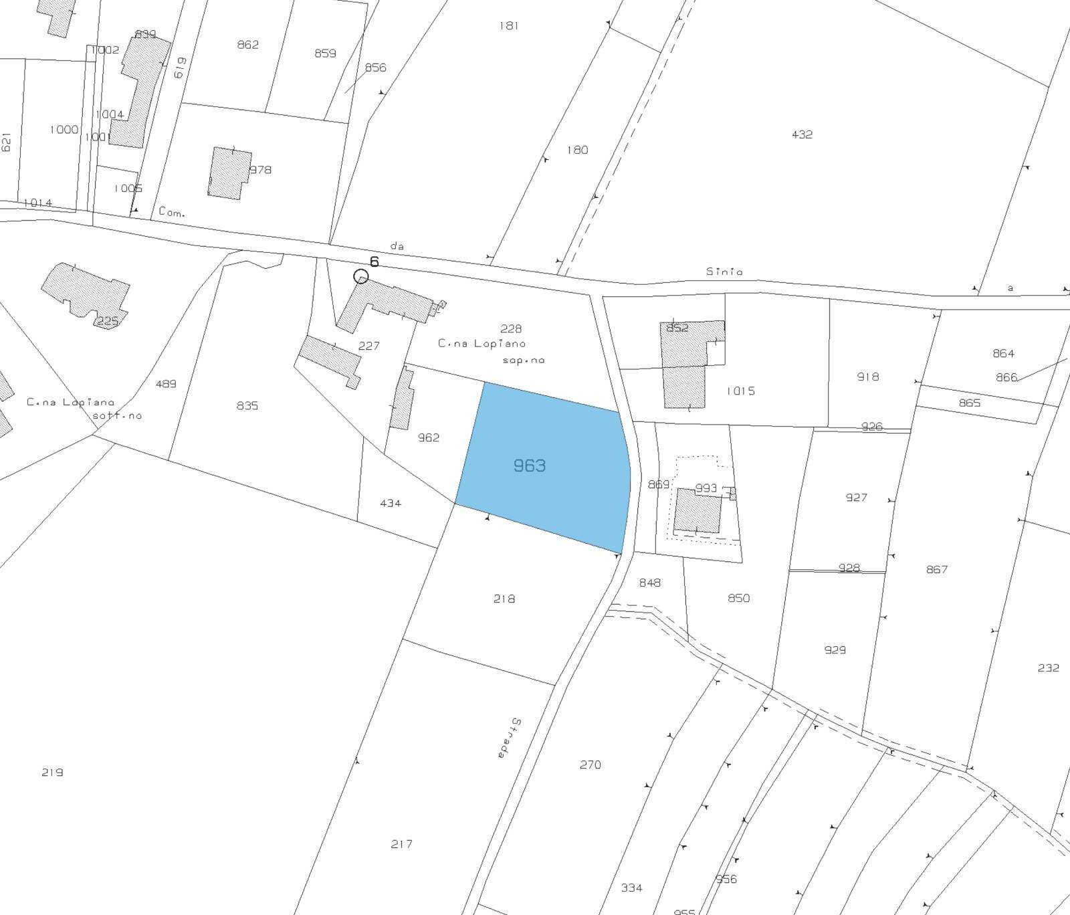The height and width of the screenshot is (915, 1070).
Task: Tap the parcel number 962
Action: pos(429,437)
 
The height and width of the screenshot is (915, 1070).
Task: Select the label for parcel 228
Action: pos(511,328)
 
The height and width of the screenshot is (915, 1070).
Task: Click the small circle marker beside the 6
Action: pos(360,276)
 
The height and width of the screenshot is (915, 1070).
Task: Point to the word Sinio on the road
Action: pos(724,272)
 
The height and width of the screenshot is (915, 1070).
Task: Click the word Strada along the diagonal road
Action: pos(510,738)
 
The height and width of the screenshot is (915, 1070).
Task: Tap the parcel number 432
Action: pos(802,134)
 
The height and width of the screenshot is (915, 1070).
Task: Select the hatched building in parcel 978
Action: pos(229,173)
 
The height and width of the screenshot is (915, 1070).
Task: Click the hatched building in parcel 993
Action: pos(698,510)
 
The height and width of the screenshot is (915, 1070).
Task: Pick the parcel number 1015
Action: pos(740,391)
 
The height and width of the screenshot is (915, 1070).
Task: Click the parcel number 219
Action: pos(52,773)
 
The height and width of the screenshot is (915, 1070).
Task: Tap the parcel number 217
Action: pos(401,844)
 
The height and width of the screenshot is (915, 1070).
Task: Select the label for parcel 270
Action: pos(590,765)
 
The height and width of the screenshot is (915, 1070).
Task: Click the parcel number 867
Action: pos(937,569)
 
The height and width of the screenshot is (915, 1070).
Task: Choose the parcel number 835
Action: pos(247,405)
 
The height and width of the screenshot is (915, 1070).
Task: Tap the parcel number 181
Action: pos(508,26)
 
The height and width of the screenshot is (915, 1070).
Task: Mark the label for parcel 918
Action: pos(867,377)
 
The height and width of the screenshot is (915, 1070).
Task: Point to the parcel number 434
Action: pos(390,503)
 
